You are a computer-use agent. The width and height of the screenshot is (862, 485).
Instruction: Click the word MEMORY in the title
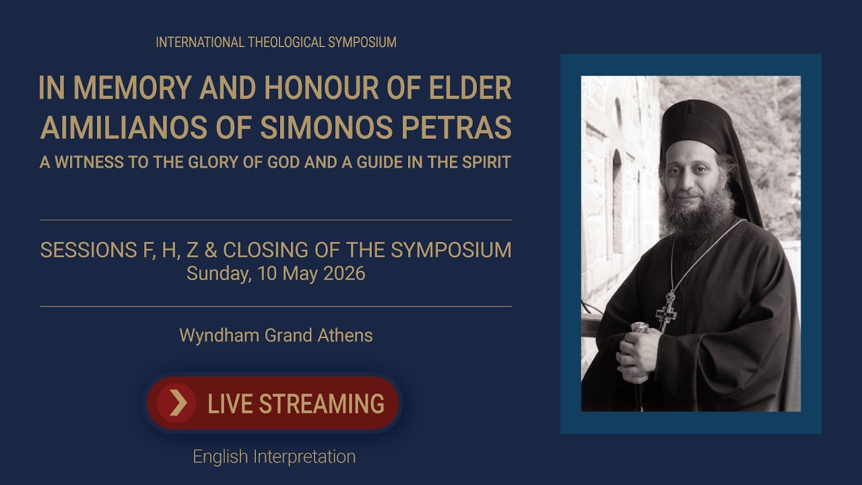(x=133, y=88)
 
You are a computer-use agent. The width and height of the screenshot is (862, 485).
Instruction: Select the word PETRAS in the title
(x=457, y=127)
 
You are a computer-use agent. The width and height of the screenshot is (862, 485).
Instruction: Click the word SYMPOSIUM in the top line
(x=362, y=42)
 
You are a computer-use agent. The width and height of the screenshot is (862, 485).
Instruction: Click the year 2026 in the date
(x=344, y=273)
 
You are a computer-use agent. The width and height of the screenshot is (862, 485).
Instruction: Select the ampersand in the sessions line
(x=211, y=250)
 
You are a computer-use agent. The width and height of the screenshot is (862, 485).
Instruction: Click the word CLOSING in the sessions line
(x=265, y=250)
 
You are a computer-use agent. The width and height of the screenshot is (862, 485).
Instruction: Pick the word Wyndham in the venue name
(x=219, y=336)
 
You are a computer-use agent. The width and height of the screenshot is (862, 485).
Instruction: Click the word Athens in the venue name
(x=345, y=335)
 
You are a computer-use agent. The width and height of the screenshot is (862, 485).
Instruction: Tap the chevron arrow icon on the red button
(x=177, y=403)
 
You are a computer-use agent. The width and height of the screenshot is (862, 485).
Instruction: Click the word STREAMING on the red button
(x=321, y=403)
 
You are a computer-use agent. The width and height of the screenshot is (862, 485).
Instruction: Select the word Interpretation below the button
(x=304, y=457)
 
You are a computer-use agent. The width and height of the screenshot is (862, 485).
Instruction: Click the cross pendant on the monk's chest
(x=667, y=312)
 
